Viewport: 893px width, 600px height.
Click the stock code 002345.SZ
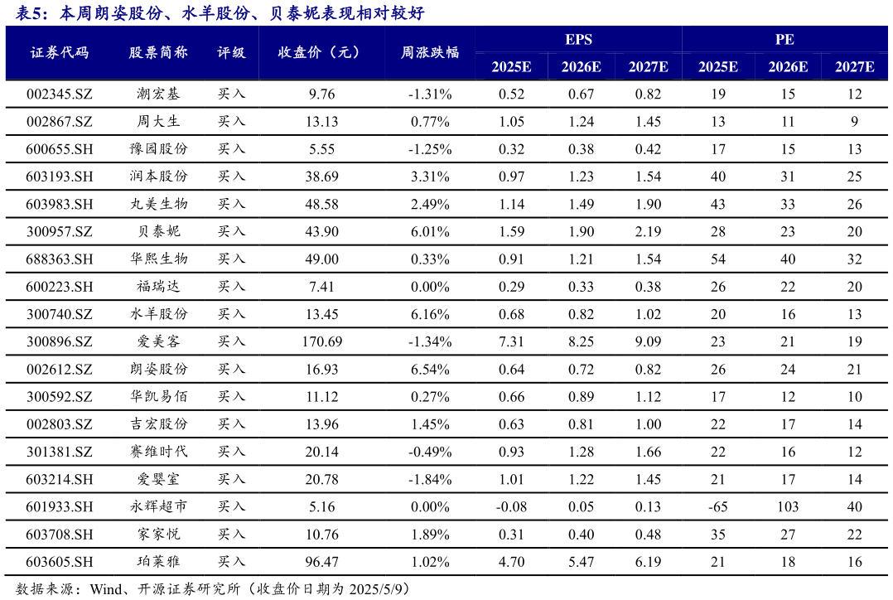(x=60, y=94)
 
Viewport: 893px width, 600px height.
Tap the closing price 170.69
(x=322, y=341)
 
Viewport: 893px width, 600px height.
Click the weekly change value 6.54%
(x=430, y=369)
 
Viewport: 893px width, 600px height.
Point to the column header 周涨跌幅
(x=430, y=52)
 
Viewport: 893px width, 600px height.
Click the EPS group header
(x=579, y=39)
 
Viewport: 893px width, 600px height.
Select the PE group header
(x=785, y=39)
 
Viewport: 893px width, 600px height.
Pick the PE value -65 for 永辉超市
(x=718, y=506)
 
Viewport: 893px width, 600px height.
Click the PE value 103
(x=787, y=506)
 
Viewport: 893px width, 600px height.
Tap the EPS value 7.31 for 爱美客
(x=511, y=341)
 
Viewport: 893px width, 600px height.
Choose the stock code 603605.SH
(x=60, y=562)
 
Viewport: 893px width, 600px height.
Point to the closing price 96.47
(x=322, y=562)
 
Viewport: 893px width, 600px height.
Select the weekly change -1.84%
(x=430, y=479)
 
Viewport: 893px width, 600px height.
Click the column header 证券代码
(x=60, y=52)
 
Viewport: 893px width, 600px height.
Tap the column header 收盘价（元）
(x=322, y=52)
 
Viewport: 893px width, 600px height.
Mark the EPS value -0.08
(x=511, y=506)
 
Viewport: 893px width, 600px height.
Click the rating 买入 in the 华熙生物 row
(x=232, y=259)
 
